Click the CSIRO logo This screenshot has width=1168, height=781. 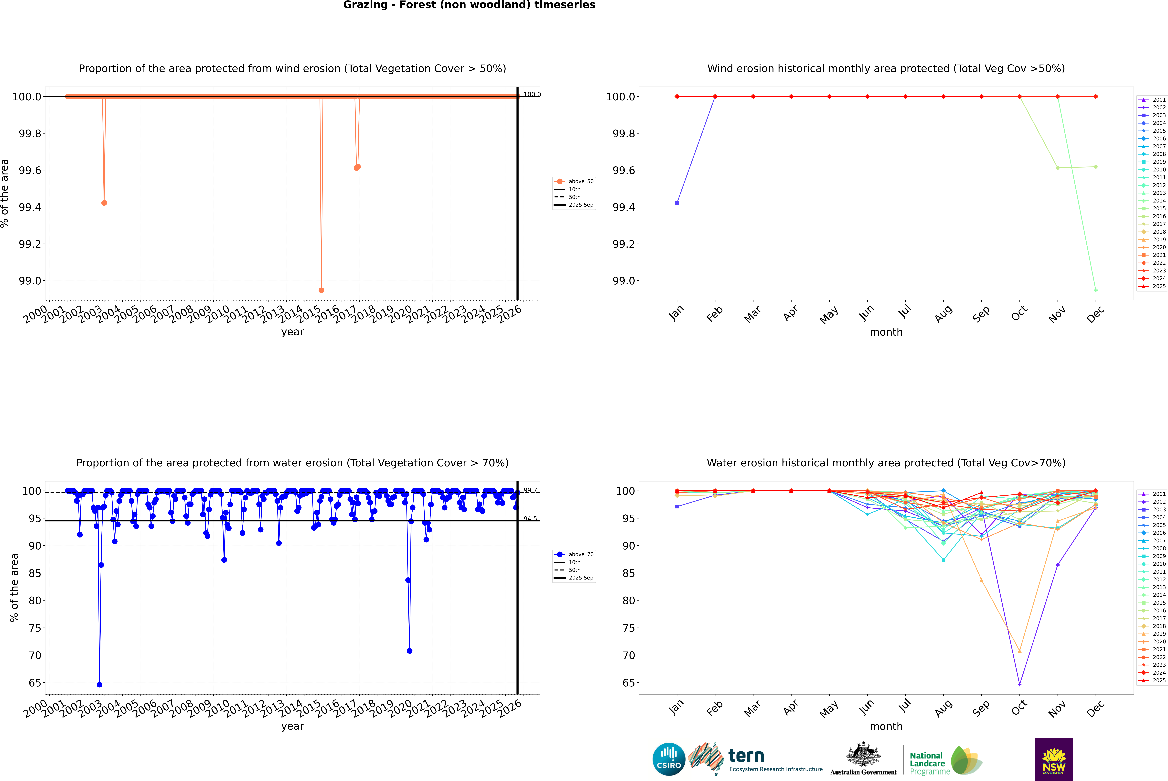(x=669, y=759)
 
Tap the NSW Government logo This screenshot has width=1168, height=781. (x=1054, y=759)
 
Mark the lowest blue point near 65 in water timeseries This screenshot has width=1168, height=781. (x=100, y=684)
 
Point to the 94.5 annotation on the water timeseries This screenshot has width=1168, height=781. (x=530, y=519)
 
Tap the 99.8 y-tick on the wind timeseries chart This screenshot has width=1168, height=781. (x=30, y=134)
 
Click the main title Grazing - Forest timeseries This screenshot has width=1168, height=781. (x=469, y=5)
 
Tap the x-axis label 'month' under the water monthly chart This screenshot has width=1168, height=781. (x=886, y=726)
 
